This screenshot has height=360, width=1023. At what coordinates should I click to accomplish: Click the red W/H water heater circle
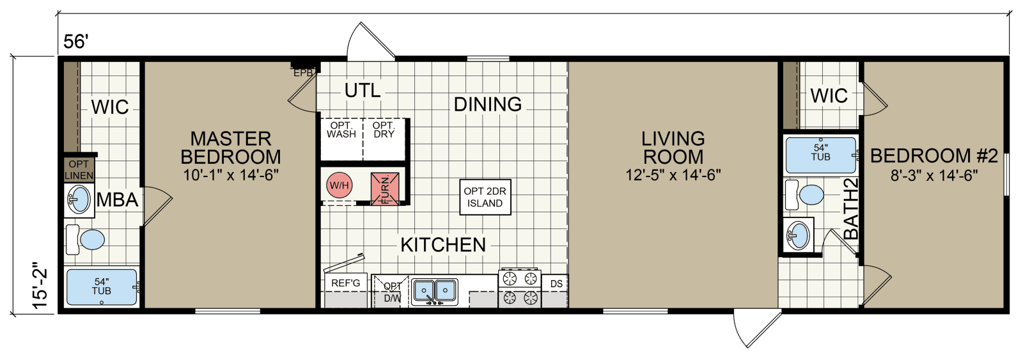tap(339, 185)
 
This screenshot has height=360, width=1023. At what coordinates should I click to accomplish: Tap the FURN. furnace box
tap(386, 187)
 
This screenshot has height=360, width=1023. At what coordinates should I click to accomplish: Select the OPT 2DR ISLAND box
tap(485, 197)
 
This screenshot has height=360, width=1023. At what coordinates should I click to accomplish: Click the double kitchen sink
tap(435, 292)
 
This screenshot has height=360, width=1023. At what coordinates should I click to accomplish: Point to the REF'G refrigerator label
tap(345, 283)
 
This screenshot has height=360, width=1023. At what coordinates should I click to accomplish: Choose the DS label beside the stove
tap(556, 284)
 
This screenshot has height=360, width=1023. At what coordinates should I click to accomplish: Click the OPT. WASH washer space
tap(341, 130)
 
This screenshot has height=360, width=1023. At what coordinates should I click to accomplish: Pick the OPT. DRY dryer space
tap(384, 130)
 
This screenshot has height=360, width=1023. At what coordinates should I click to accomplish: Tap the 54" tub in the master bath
tap(102, 287)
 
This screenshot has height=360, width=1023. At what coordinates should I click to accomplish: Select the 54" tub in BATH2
tap(820, 154)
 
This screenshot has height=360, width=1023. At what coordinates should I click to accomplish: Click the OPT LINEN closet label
tap(79, 170)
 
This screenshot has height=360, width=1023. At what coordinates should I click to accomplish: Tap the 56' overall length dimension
tap(75, 42)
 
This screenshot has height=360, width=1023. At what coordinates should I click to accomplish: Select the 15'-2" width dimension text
tap(41, 285)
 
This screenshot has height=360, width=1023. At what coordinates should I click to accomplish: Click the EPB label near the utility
tap(303, 73)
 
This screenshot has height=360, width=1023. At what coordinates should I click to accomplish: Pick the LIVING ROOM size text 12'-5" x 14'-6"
tap(673, 175)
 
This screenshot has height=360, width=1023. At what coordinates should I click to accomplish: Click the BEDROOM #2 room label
tap(934, 155)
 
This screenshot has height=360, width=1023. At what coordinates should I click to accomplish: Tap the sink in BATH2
tap(798, 235)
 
